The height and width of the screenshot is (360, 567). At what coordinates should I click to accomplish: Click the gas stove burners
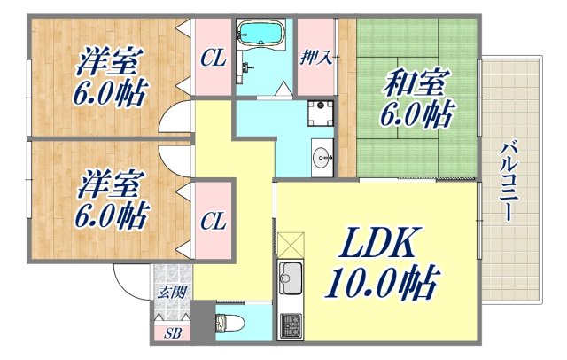click(x=290, y=325)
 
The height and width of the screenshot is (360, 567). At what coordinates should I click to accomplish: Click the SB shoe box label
click(x=171, y=334)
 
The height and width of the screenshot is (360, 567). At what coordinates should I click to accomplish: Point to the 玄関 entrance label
click(x=171, y=293)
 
